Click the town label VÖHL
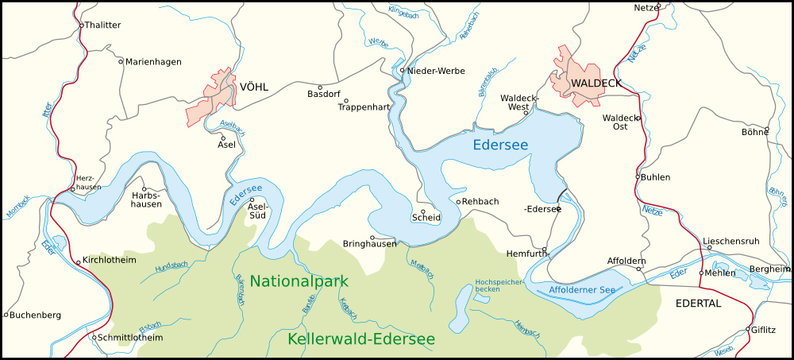(x=253, y=87)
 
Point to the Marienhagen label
(x=154, y=62)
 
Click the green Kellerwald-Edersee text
(x=361, y=340)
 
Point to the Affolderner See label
(x=582, y=290)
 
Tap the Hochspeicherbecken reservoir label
(x=494, y=286)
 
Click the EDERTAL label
(x=697, y=303)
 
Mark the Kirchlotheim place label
(x=108, y=258)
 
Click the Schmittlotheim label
(x=132, y=338)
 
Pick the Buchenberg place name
(x=33, y=315)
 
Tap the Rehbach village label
(x=482, y=201)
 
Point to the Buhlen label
(x=655, y=177)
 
